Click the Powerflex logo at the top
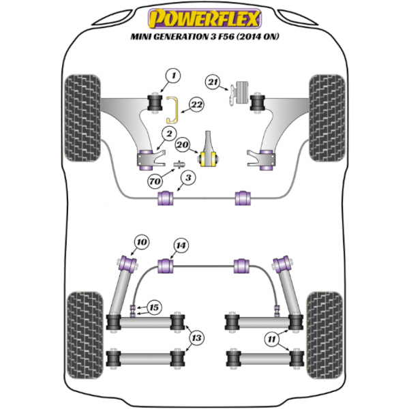204,15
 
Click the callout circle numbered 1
172,76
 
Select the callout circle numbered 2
170,133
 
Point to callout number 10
141,241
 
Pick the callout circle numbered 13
197,337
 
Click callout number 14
180,245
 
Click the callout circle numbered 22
196,105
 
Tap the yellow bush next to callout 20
210,159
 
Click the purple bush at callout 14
165,265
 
